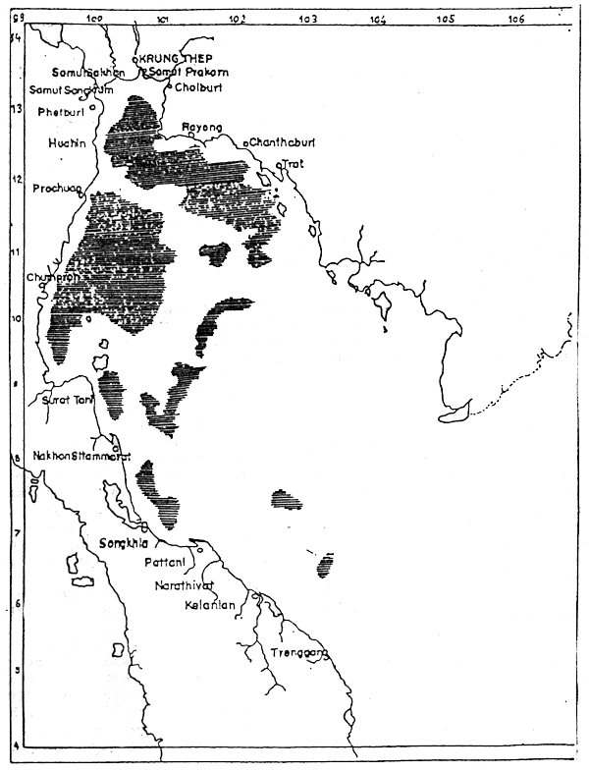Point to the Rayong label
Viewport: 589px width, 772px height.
point(202,128)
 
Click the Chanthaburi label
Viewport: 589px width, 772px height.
point(282,143)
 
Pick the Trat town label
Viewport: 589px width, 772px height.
point(294,164)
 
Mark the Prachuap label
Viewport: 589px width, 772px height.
point(55,188)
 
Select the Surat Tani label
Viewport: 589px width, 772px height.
point(65,400)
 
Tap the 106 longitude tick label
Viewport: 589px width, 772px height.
point(516,19)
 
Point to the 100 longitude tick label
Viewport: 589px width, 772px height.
point(95,19)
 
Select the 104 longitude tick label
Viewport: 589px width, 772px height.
point(377,19)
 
